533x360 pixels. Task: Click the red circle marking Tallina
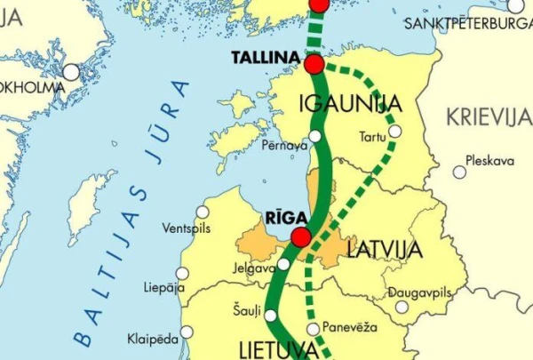pos(314,64)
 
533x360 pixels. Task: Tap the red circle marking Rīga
pos(301,236)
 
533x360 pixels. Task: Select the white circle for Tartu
pos(394,132)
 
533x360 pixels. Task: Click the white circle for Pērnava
pos(315,136)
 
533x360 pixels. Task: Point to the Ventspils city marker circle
pos(203,212)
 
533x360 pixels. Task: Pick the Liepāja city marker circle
pos(183,274)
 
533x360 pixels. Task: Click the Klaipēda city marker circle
pos(187,332)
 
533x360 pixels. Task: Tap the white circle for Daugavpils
pos(402,307)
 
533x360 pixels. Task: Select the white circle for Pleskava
pos(459,172)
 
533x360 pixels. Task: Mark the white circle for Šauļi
pos(271,315)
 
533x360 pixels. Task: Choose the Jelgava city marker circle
pos(282,263)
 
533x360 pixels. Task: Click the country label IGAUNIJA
pos(351,102)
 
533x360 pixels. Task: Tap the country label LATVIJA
pos(384,250)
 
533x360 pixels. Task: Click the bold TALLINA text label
pos(262,58)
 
